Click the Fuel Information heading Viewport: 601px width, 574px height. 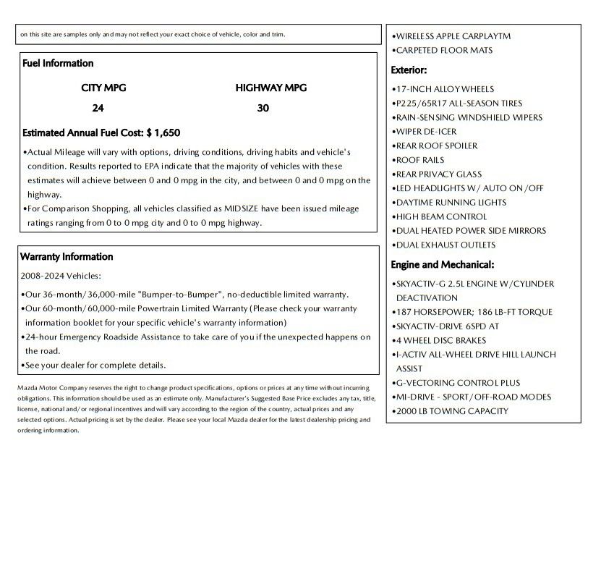[58, 64]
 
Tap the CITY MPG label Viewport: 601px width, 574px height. [103, 88]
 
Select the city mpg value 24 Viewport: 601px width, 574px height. [98, 109]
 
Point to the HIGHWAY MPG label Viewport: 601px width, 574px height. [270, 88]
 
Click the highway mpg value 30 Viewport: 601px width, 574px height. [263, 109]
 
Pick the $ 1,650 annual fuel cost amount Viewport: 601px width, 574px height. [163, 133]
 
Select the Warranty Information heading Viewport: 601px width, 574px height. [67, 257]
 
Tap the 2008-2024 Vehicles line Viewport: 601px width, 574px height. [61, 276]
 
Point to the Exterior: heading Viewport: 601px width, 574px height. [409, 70]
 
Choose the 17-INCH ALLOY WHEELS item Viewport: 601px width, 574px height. [444, 89]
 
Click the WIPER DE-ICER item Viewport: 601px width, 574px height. [425, 132]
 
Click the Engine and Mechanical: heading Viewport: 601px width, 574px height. [442, 265]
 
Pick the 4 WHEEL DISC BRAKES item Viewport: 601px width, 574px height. [440, 340]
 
